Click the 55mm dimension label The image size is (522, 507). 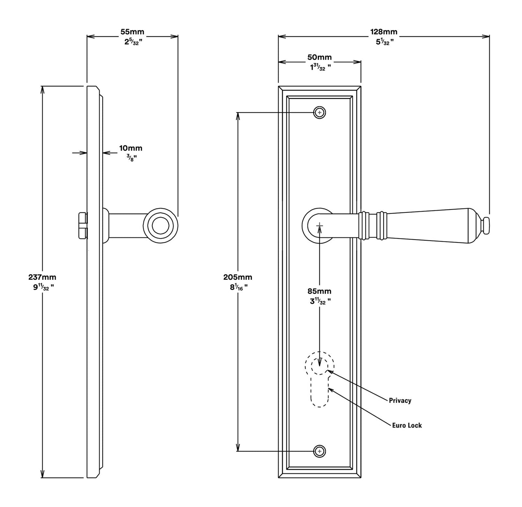(x=132, y=32)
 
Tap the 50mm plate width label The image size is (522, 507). (x=319, y=58)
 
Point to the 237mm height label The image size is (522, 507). (x=42, y=278)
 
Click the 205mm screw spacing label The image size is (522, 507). (x=238, y=278)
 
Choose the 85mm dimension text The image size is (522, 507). (x=319, y=291)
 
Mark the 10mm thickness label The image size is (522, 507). (x=131, y=148)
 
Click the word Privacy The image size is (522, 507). (x=400, y=401)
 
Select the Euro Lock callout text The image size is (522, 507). (x=407, y=426)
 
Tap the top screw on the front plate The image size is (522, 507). (x=319, y=113)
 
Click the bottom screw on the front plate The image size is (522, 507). (x=319, y=451)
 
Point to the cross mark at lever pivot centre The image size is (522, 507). (x=319, y=226)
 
